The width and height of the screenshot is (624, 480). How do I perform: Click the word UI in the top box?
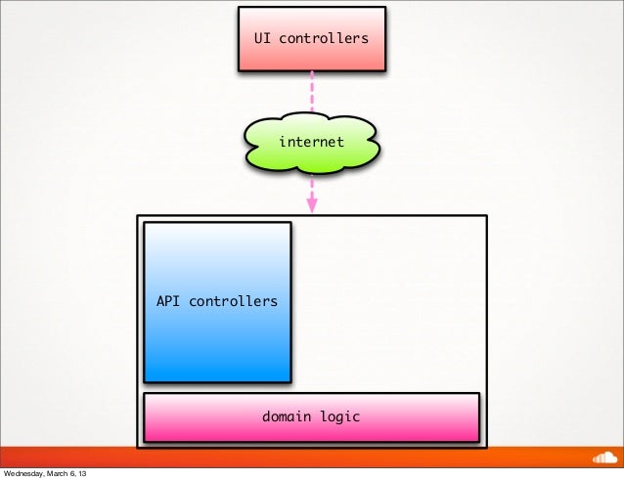(x=262, y=39)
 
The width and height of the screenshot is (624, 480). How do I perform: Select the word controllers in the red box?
(x=324, y=39)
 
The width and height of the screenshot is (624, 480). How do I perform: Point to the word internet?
(x=311, y=142)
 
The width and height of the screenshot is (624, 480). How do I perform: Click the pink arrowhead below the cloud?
(x=312, y=205)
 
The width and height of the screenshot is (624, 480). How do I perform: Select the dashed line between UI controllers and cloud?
(x=312, y=93)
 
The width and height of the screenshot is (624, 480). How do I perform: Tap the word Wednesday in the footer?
(x=28, y=473)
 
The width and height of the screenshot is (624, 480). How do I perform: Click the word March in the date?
(x=69, y=473)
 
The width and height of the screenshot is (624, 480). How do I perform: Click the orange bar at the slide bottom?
(x=293, y=457)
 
